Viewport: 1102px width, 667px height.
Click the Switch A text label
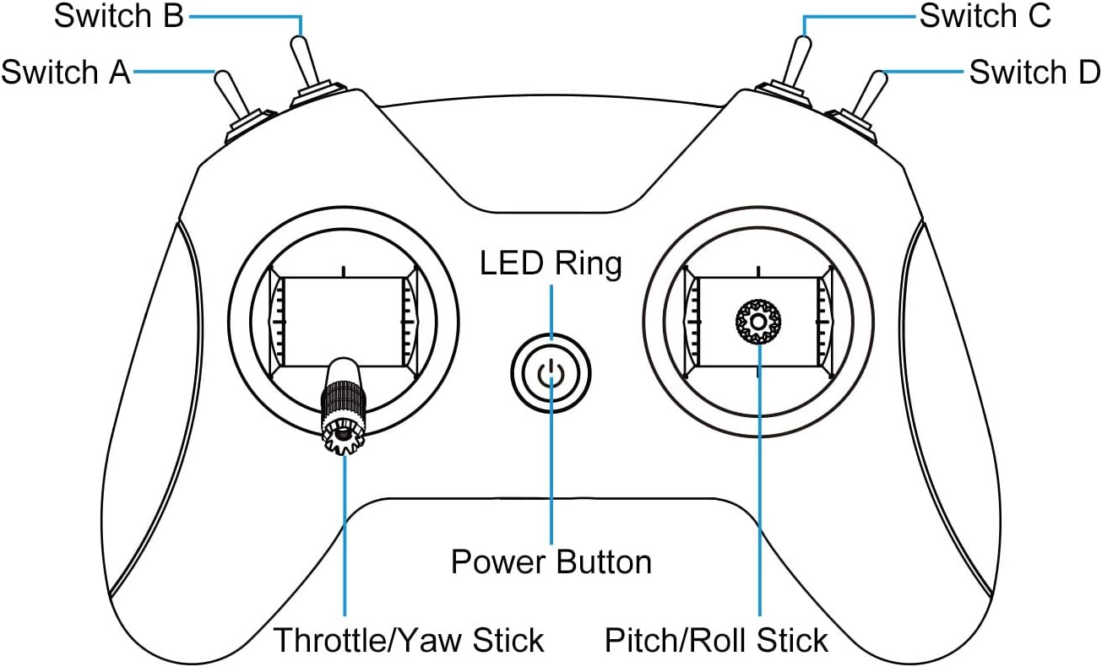pyautogui.click(x=66, y=73)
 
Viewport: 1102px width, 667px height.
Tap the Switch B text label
pyautogui.click(x=118, y=16)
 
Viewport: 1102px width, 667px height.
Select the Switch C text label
pyautogui.click(x=985, y=16)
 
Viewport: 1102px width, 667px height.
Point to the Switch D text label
pyautogui.click(x=1034, y=73)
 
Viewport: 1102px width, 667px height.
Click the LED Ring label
pyautogui.click(x=551, y=263)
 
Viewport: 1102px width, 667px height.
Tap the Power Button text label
pyautogui.click(x=551, y=561)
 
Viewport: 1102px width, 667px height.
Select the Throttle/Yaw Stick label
pyautogui.click(x=409, y=640)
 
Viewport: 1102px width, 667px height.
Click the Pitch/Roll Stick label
pyautogui.click(x=716, y=640)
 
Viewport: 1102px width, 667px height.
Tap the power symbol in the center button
pyautogui.click(x=551, y=373)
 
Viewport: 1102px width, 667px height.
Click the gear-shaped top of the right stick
pyautogui.click(x=758, y=322)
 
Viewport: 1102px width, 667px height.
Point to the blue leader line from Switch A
pyautogui.click(x=175, y=72)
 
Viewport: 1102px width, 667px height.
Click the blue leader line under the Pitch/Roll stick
pyautogui.click(x=760, y=480)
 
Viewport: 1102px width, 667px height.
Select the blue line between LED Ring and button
pyautogui.click(x=551, y=312)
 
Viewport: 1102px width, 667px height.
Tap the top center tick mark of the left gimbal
pyautogui.click(x=344, y=272)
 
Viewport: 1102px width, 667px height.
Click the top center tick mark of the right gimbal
pyautogui.click(x=758, y=272)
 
